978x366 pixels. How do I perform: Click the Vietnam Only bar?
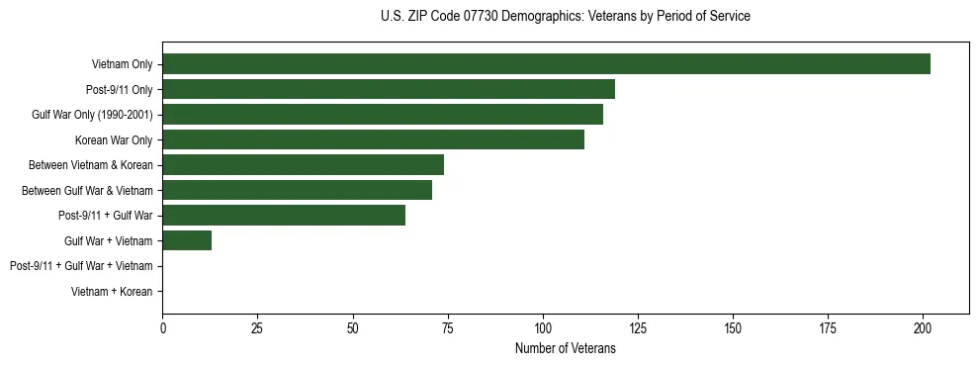point(546,64)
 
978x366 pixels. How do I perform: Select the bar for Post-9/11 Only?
point(389,89)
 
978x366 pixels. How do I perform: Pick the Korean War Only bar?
point(373,139)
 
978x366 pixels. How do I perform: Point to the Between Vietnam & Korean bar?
point(303,164)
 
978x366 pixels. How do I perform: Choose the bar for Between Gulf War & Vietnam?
point(297,190)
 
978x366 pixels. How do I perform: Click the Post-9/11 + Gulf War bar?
point(284,215)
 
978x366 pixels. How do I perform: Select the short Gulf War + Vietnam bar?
point(187,240)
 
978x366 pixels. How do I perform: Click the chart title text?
point(565,17)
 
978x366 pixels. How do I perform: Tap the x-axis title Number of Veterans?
point(565,348)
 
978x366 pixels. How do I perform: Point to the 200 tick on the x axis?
point(923,326)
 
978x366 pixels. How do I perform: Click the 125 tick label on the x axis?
point(638,326)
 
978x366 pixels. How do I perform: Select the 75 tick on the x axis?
point(448,326)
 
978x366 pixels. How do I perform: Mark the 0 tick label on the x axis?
point(162,326)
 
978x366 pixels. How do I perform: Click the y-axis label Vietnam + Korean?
point(112,291)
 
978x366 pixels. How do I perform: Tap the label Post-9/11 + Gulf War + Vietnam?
point(81,265)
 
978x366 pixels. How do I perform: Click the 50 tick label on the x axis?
point(353,326)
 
